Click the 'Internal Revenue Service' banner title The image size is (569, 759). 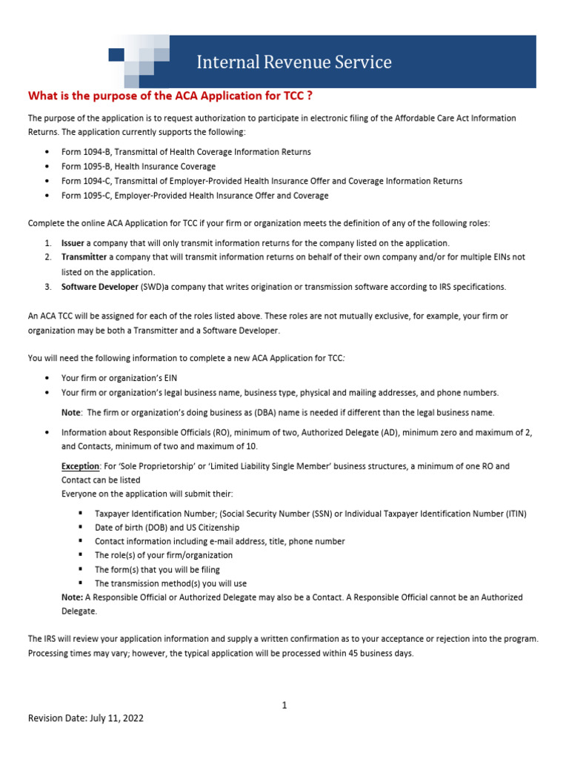293,62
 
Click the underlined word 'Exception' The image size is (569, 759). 80,466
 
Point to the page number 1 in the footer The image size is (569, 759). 284,706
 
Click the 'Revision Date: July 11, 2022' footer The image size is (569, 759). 86,718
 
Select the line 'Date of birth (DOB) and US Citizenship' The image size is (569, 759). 167,527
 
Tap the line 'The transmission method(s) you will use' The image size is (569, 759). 171,583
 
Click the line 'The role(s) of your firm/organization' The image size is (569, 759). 164,554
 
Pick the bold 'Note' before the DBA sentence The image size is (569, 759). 72,412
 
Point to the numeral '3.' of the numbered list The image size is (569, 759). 46,286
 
